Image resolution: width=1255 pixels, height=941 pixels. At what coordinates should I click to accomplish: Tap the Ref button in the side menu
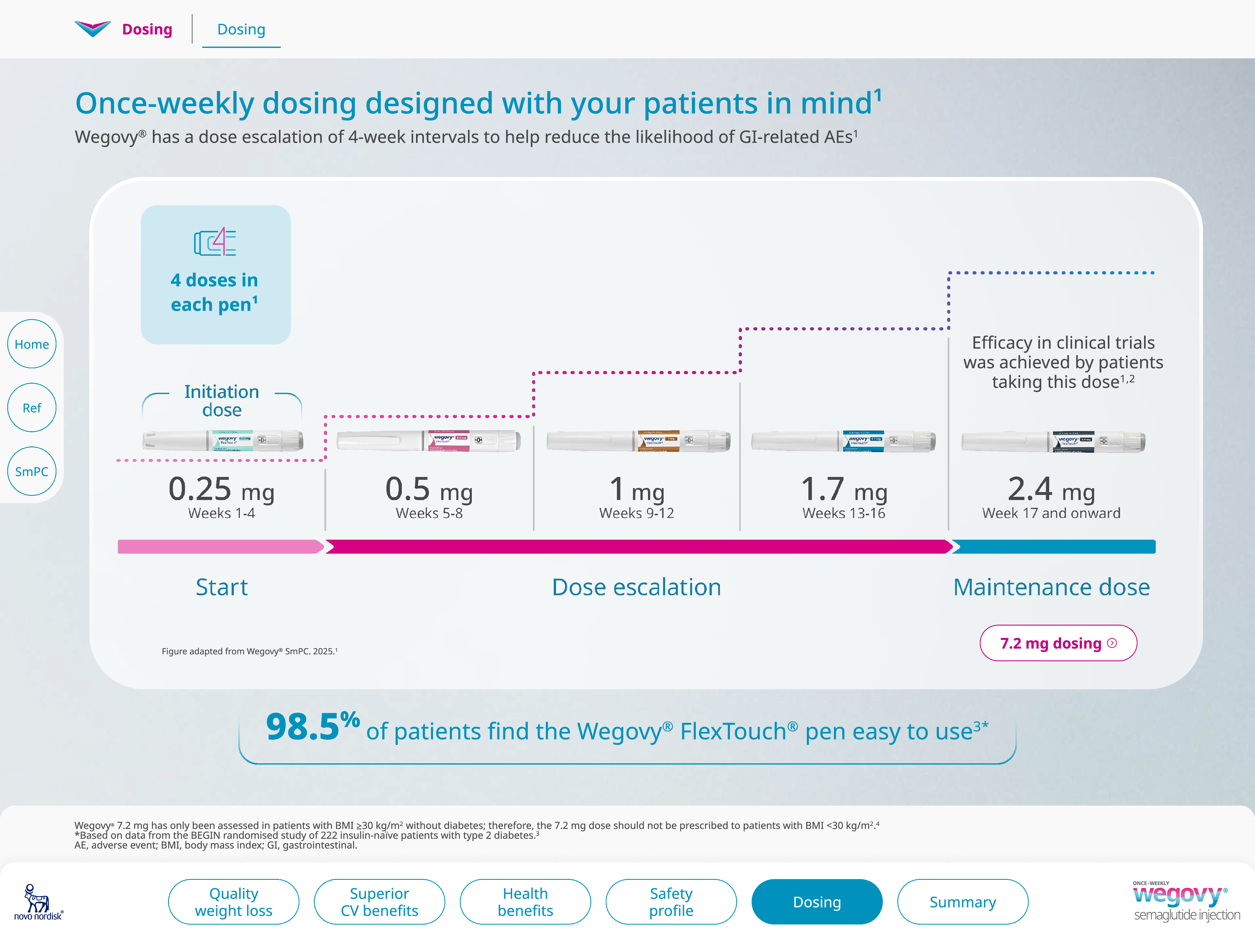(x=32, y=408)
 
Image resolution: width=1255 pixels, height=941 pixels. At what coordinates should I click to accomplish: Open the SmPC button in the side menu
(x=32, y=471)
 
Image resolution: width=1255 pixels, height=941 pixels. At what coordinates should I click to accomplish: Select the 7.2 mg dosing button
(x=1058, y=643)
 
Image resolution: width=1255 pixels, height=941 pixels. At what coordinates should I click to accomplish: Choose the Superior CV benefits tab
(x=379, y=902)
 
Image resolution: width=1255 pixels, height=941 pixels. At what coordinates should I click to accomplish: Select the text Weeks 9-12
(x=637, y=513)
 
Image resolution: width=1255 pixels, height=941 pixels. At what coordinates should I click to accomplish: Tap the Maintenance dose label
(x=1051, y=587)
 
